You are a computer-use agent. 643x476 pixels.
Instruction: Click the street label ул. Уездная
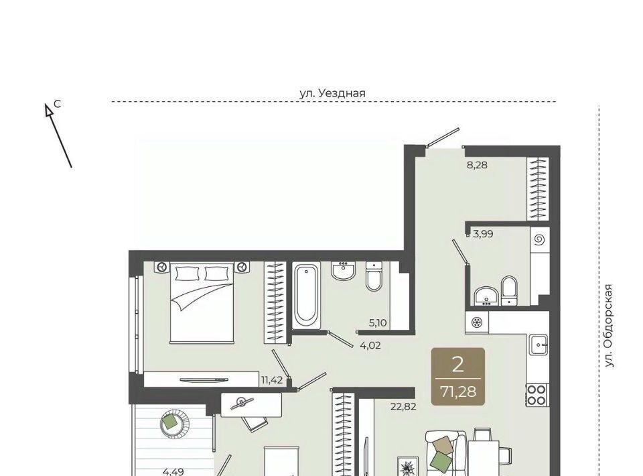[x=332, y=93]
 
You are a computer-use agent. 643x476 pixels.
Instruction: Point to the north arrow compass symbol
[x=58, y=135]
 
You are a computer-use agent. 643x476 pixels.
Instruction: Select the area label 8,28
[x=478, y=166]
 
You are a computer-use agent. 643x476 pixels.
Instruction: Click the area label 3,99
[x=483, y=234]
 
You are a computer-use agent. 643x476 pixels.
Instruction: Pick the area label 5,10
[x=378, y=323]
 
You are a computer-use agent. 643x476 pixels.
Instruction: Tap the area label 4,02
[x=370, y=345]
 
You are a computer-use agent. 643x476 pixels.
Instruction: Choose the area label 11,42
[x=272, y=380]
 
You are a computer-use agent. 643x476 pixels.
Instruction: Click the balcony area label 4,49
[x=173, y=472]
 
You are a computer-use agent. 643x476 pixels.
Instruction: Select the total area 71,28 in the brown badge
[x=458, y=392]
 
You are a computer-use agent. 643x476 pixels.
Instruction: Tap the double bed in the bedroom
[x=202, y=302]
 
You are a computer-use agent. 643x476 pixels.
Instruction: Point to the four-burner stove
[x=537, y=395]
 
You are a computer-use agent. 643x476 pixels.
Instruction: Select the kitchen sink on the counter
[x=539, y=344]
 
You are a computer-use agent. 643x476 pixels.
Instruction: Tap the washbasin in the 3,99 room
[x=486, y=296]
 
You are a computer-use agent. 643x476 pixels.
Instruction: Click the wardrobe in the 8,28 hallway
[x=538, y=189]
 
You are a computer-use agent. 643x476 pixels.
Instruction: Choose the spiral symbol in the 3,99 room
[x=539, y=239]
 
